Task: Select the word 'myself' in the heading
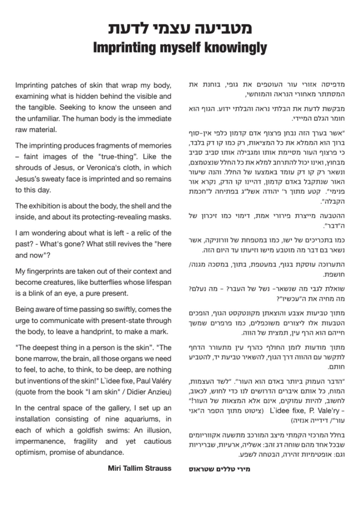176,48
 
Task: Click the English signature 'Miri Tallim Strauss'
140,468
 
